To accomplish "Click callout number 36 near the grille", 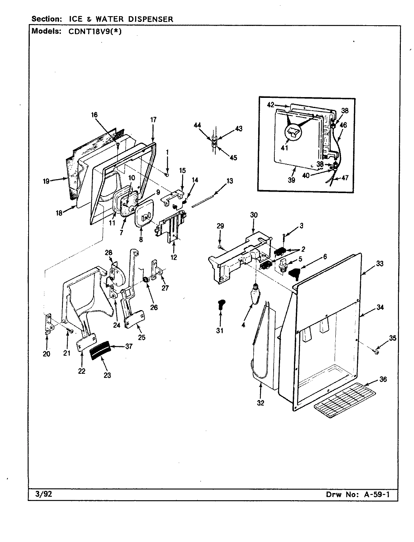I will [x=383, y=379].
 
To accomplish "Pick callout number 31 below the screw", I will [x=219, y=330].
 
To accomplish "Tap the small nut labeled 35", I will [x=377, y=352].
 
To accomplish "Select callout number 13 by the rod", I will [x=230, y=181].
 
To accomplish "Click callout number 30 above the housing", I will [x=254, y=215].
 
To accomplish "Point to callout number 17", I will [x=153, y=120].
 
